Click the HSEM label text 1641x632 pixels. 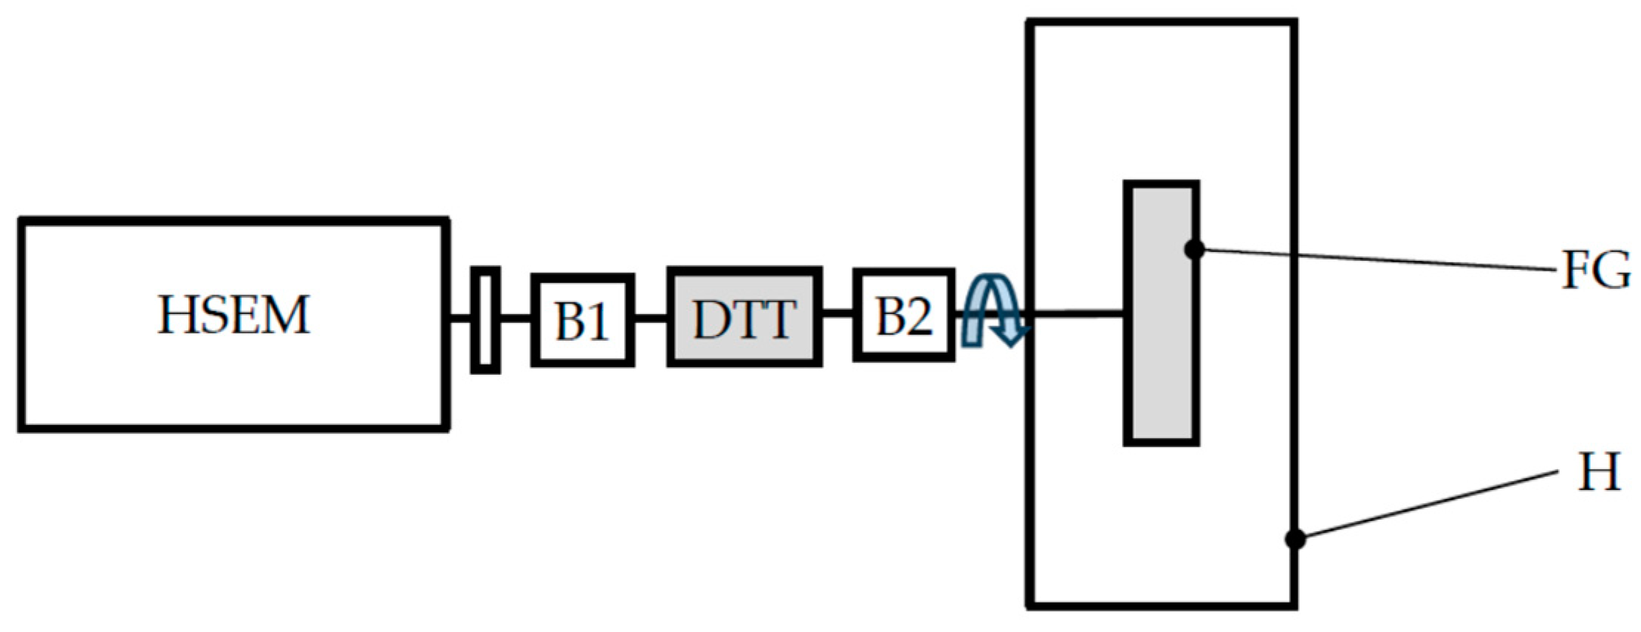point(233,316)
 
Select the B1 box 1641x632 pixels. point(583,319)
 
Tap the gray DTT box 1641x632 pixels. point(744,317)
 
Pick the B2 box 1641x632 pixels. point(904,316)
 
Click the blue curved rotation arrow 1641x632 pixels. point(993,310)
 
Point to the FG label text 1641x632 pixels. point(1595,272)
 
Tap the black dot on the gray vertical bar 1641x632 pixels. point(1194,250)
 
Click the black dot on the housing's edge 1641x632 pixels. point(1295,539)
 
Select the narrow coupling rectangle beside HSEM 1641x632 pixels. point(485,319)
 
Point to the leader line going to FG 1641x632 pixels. point(1374,261)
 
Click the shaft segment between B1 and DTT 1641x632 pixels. point(651,319)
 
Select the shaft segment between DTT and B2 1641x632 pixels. point(837,314)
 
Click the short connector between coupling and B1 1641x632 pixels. point(516,319)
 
